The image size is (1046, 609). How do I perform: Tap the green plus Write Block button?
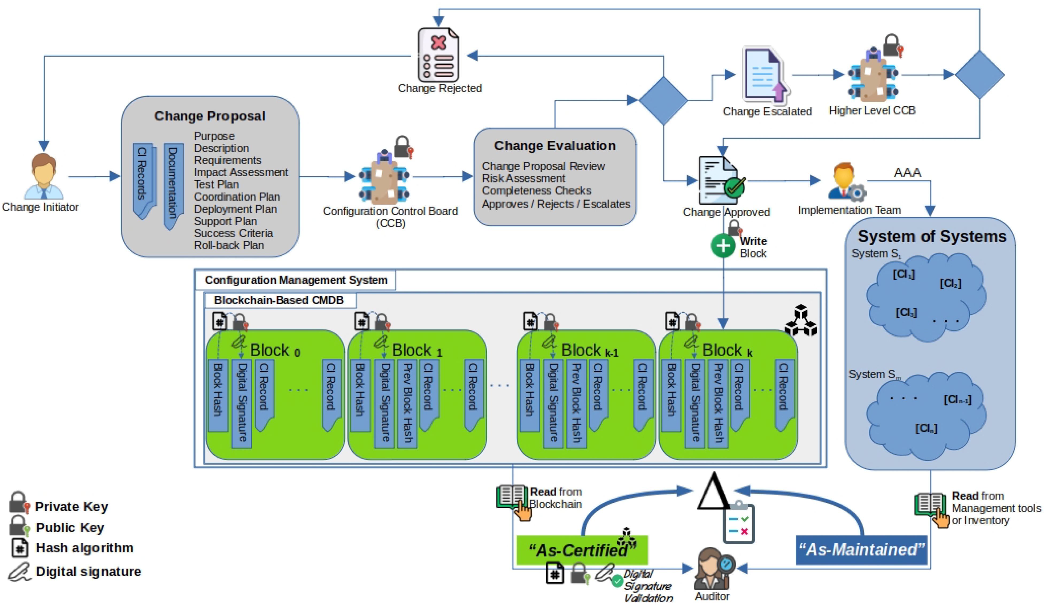(x=723, y=246)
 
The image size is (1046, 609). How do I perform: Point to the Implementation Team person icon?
(x=845, y=182)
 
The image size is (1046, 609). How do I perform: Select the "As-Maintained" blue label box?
(x=861, y=550)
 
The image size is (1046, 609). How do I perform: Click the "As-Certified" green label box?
(x=581, y=550)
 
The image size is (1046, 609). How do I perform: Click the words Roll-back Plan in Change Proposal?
(x=229, y=245)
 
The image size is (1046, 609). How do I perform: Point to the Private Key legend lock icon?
(x=19, y=502)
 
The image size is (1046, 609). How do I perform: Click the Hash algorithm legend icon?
(x=20, y=548)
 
